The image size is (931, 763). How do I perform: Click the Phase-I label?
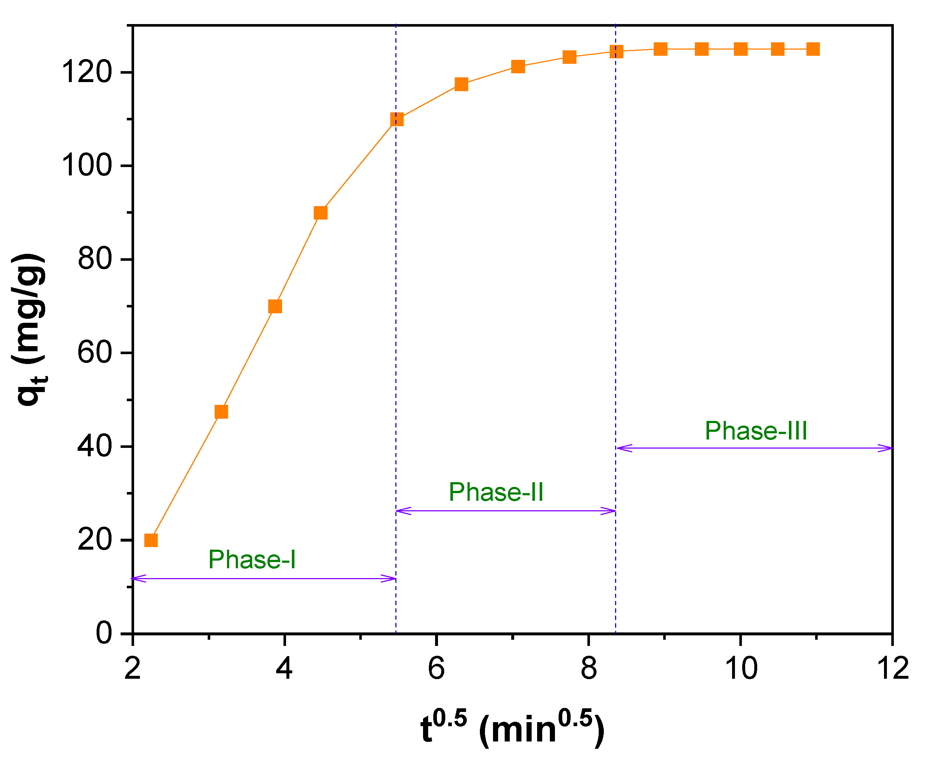(252, 559)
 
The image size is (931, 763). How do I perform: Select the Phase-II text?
(496, 492)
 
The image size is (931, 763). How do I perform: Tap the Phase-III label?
(756, 430)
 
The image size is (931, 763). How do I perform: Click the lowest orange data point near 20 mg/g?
(150, 540)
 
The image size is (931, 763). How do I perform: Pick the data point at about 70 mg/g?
(275, 306)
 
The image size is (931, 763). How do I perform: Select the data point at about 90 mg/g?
(321, 213)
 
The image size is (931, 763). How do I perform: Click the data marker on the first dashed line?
(396, 119)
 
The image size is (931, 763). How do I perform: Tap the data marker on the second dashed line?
(616, 52)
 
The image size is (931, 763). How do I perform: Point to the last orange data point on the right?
(813, 49)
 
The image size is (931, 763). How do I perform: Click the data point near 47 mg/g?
(221, 412)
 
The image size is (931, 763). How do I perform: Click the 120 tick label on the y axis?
(87, 72)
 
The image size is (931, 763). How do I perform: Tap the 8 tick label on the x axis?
(588, 669)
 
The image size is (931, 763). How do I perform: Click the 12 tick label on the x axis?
(892, 669)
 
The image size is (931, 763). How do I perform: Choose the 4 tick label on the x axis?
(284, 669)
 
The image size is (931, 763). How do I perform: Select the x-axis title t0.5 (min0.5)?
(512, 728)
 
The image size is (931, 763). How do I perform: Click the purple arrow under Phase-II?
(505, 511)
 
